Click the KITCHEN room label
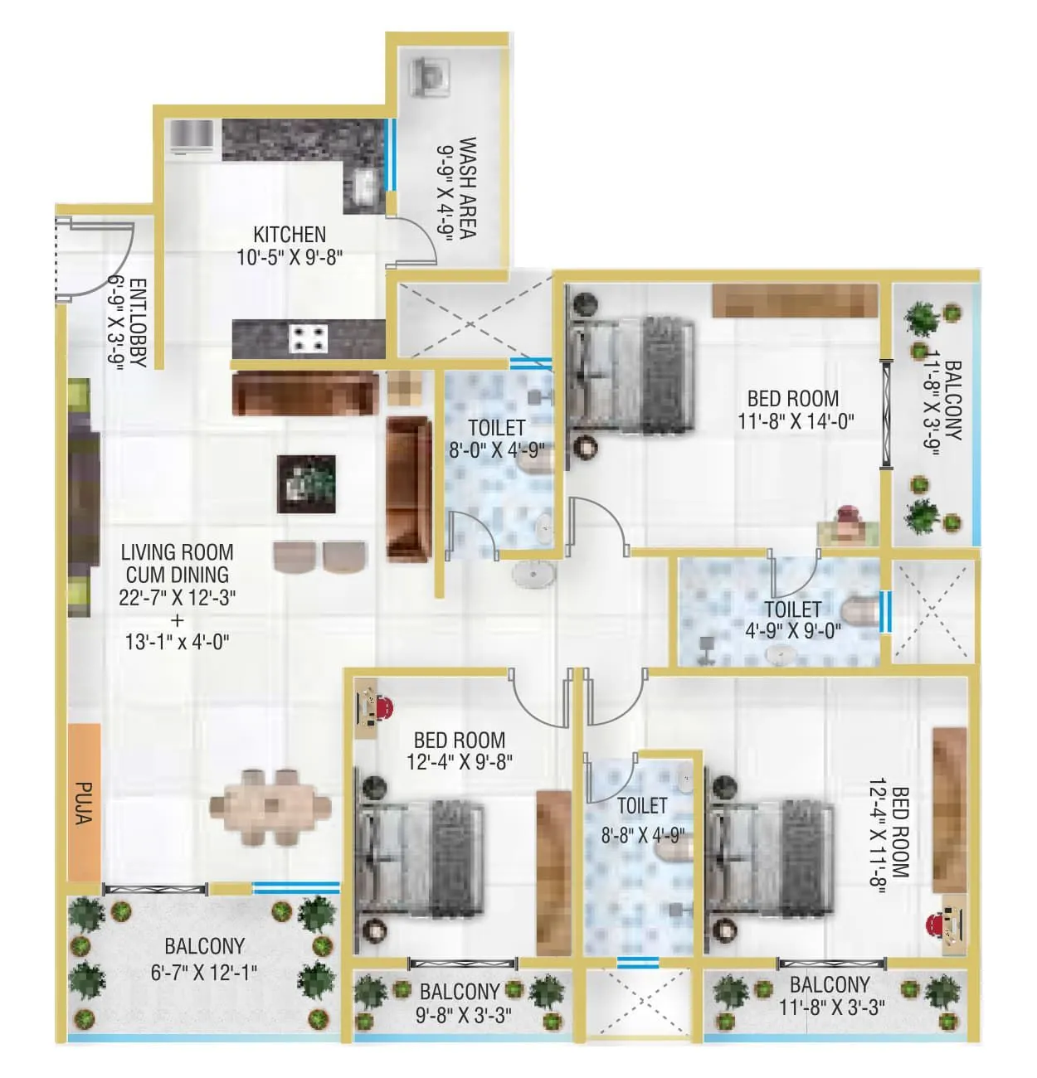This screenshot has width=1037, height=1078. (x=290, y=235)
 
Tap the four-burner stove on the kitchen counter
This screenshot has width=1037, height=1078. (x=308, y=338)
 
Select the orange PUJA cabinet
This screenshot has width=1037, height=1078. (x=85, y=802)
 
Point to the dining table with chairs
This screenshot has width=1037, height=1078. (x=270, y=807)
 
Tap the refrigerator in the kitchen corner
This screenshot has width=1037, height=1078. (x=191, y=137)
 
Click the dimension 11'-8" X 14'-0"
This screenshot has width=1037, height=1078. (x=796, y=421)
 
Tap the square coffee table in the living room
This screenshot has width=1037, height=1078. (x=306, y=483)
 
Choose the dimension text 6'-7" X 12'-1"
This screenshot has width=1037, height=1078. (x=204, y=972)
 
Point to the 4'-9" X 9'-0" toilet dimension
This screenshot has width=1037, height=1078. (x=793, y=630)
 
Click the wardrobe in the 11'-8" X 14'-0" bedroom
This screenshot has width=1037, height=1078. (x=795, y=301)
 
